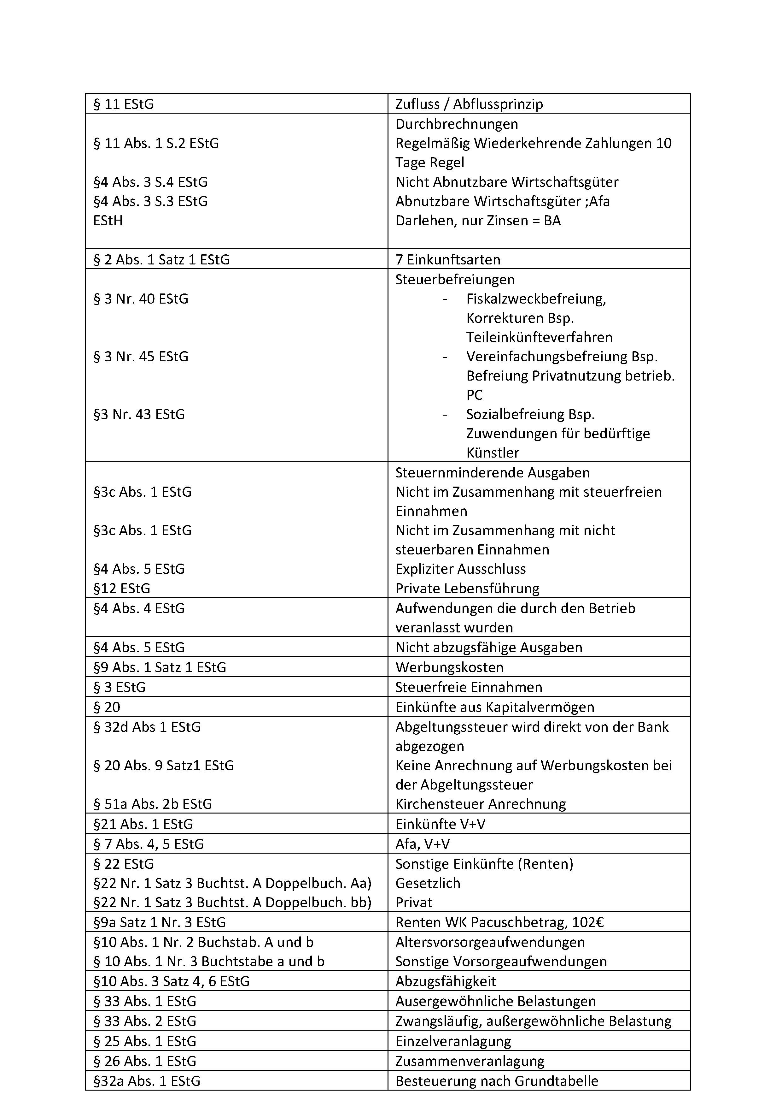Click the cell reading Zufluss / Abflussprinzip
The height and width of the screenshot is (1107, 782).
tap(469, 104)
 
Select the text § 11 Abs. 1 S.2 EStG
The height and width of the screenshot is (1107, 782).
tap(156, 143)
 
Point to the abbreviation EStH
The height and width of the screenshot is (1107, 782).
tap(108, 220)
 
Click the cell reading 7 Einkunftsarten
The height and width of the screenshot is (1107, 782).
tap(448, 259)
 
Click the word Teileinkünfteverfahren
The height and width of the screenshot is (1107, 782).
tap(539, 337)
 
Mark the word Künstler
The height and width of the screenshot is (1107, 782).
tap(493, 453)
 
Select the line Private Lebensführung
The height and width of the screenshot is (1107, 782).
tap(467, 588)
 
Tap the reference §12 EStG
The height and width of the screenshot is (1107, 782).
tap(122, 588)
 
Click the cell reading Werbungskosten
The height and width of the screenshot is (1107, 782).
tap(449, 667)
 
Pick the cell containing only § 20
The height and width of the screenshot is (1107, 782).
tap(107, 707)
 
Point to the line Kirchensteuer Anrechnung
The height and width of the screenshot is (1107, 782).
tap(480, 804)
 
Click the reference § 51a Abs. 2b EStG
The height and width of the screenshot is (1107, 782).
tap(152, 804)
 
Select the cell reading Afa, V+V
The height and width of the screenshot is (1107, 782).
tap(423, 844)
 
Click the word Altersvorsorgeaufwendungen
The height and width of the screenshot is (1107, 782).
tap(490, 942)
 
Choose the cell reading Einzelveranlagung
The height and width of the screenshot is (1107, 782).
tap(453, 1041)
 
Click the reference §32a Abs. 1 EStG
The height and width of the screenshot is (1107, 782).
tap(147, 1080)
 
